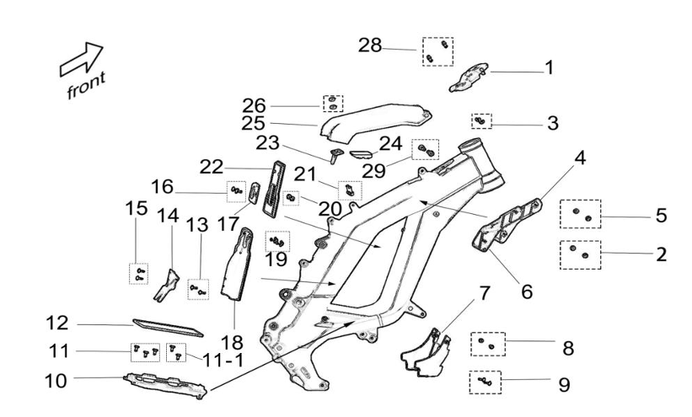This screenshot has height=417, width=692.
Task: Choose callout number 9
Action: (x=563, y=384)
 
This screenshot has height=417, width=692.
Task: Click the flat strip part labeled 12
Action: (x=168, y=327)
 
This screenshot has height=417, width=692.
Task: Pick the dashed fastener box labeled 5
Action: (x=580, y=215)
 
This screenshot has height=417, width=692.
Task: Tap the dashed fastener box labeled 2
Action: (x=580, y=254)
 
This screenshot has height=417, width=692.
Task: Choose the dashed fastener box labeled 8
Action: (x=486, y=344)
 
